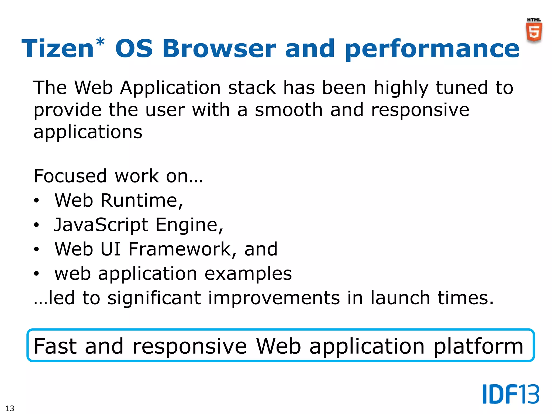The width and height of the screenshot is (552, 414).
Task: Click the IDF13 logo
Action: [510, 394]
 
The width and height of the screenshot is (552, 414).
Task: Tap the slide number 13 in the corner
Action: [10, 408]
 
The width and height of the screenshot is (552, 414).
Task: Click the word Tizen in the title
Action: [57, 49]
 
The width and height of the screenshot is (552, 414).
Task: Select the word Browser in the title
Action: [219, 49]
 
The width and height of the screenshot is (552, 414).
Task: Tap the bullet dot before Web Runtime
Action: [36, 201]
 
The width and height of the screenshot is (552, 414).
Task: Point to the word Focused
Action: [70, 176]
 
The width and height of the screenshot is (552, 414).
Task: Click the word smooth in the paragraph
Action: [289, 110]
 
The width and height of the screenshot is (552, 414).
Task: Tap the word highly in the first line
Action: [401, 88]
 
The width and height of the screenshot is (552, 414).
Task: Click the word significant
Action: [154, 298]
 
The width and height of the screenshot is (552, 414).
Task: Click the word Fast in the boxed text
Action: [56, 346]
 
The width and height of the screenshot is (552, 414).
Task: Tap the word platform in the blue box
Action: [478, 347]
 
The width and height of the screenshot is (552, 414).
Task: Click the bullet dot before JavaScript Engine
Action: [36, 225]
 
